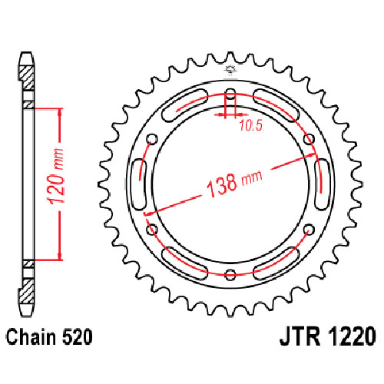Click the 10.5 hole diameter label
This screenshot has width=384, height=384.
pyautogui.click(x=251, y=125)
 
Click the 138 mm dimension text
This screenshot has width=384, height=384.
pyautogui.click(x=234, y=183)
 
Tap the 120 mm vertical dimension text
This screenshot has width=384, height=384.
pyautogui.click(x=56, y=177)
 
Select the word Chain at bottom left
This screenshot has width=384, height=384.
pyautogui.click(x=30, y=337)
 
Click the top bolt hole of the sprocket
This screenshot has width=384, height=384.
pyautogui.click(x=230, y=94)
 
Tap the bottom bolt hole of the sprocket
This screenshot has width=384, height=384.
pyautogui.click(x=230, y=275)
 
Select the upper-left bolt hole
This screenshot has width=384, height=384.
pyautogui.click(x=152, y=139)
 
